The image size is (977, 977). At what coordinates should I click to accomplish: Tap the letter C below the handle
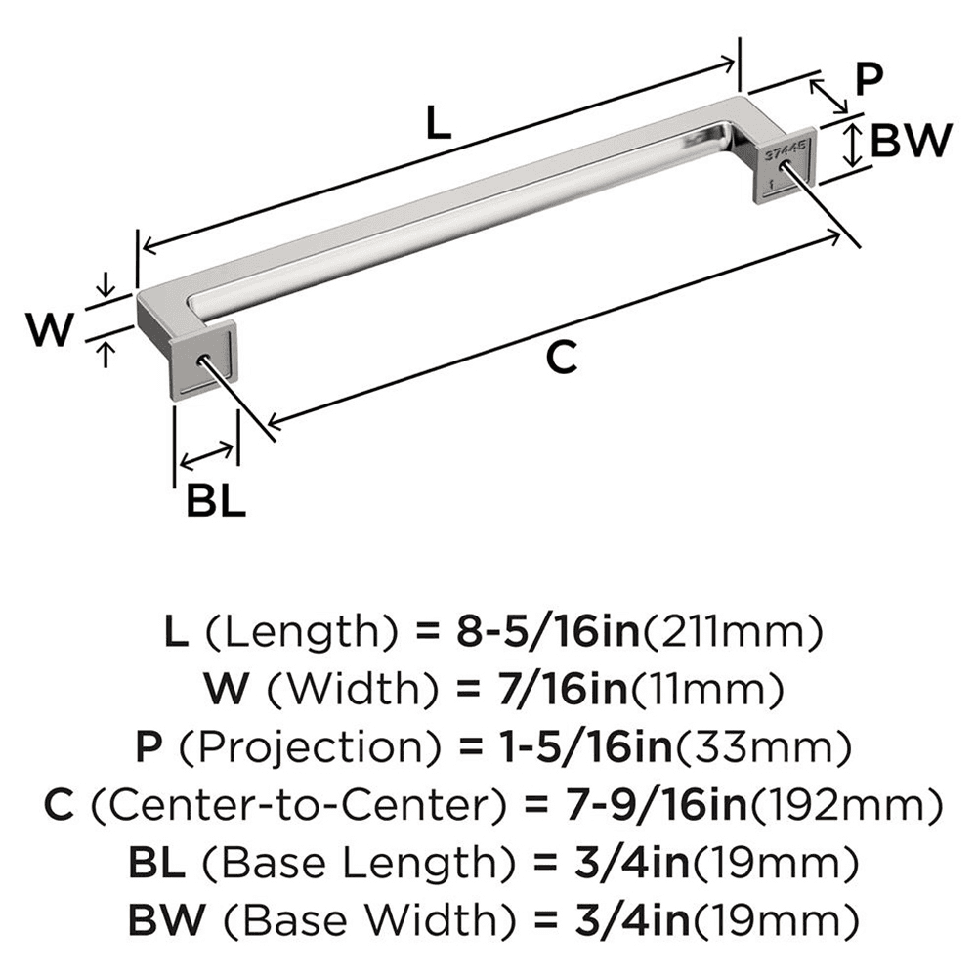[x=559, y=359]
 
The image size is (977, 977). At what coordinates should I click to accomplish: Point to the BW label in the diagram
[x=910, y=144]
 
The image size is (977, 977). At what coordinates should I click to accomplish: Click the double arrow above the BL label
[x=207, y=453]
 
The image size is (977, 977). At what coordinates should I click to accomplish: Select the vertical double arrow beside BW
[x=853, y=145]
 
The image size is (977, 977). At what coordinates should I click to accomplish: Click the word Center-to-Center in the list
[x=294, y=805]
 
